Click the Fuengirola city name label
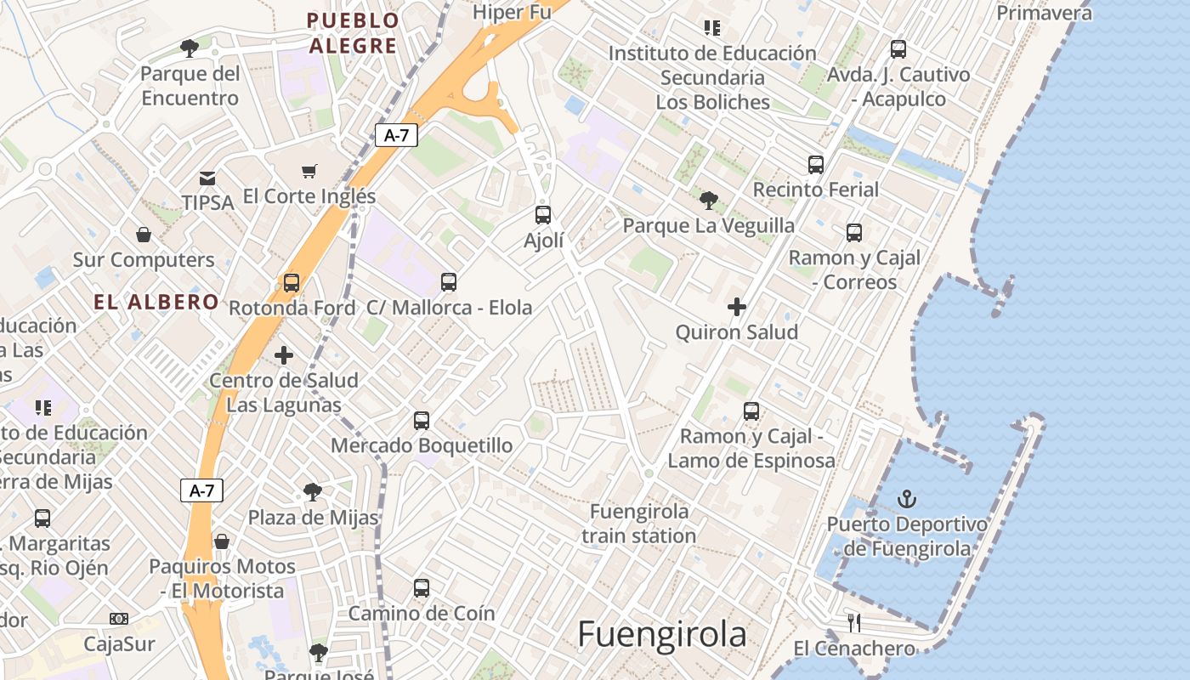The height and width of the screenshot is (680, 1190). (x=662, y=634)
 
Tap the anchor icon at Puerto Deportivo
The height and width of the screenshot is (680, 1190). (x=907, y=499)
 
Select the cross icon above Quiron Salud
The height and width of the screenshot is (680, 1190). (x=737, y=307)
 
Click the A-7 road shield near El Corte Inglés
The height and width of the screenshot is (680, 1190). (x=396, y=135)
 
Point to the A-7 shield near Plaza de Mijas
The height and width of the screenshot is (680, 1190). (x=201, y=490)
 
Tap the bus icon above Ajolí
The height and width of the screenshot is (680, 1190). (x=543, y=215)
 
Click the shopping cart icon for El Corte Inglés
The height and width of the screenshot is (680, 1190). (x=309, y=171)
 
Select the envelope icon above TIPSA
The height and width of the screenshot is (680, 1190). (x=207, y=178)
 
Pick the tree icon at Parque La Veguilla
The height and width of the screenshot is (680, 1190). (x=708, y=201)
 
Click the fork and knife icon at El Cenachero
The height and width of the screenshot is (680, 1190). (x=854, y=623)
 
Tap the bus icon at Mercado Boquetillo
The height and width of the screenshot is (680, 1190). (x=422, y=420)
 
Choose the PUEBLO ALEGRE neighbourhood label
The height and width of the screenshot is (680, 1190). (x=353, y=33)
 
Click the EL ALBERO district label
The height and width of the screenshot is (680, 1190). (x=156, y=302)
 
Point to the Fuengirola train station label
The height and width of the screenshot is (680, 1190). (x=639, y=524)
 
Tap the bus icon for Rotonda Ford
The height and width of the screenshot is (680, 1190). (x=292, y=282)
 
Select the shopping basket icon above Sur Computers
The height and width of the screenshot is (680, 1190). (x=144, y=234)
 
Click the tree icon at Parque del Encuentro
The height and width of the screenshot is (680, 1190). (x=190, y=48)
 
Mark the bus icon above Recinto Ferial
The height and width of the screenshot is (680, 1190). (x=816, y=164)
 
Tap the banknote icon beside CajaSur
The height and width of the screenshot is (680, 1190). (x=119, y=619)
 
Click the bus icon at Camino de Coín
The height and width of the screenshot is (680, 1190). (x=422, y=587)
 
